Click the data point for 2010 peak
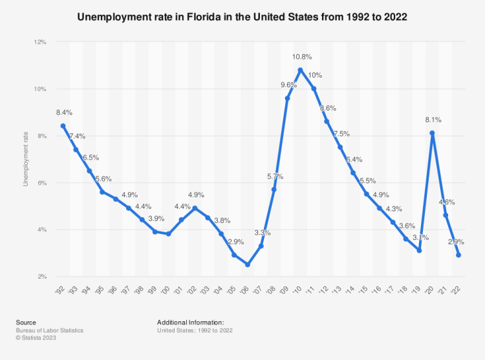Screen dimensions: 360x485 (x=301, y=70)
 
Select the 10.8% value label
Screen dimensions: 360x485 (x=301, y=56)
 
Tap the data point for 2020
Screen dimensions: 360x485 (x=432, y=133)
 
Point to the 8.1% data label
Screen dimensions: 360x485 (x=432, y=120)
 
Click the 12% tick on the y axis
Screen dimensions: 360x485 (x=39, y=42)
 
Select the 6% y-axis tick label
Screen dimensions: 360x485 (x=41, y=183)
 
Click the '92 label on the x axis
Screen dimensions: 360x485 (x=61, y=288)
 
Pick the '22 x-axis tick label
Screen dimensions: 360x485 (x=457, y=288)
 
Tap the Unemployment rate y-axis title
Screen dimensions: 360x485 (x=26, y=159)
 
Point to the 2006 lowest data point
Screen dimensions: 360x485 (x=248, y=264)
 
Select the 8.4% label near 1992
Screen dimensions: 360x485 (x=65, y=112)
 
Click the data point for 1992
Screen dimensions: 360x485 (x=63, y=126)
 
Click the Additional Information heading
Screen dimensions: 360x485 (x=190, y=322)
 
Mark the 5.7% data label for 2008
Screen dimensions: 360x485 (x=275, y=176)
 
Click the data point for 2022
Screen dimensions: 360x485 (x=458, y=255)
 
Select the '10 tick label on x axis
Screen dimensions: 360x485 (x=299, y=288)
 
